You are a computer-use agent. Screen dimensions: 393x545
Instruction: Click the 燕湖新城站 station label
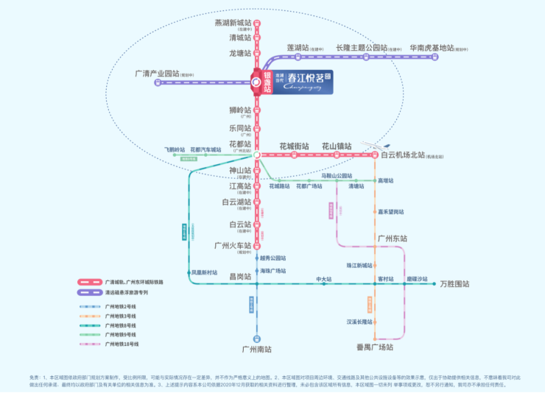233,23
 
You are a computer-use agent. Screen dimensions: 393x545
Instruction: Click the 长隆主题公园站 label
362,48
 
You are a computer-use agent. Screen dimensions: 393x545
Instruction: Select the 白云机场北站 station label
403,155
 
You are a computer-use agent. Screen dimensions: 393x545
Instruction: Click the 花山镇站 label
337,146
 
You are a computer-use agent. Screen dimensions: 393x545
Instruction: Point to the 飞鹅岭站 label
175,149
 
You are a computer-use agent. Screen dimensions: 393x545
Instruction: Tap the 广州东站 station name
392,238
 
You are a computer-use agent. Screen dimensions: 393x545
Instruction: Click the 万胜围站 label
454,284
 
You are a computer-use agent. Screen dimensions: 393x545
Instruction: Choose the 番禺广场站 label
375,347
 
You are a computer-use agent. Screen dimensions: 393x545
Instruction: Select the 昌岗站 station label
240,276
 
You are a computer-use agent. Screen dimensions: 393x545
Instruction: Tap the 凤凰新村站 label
204,272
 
